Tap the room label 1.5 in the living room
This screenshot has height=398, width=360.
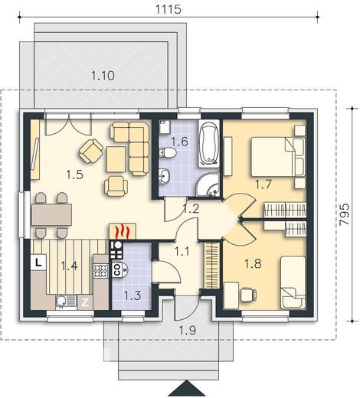(75, 175)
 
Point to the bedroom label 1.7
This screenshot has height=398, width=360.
(263, 184)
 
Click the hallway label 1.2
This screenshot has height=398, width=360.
(191, 208)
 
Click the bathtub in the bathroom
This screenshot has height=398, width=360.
(208, 144)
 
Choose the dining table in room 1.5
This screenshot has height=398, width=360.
(52, 214)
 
